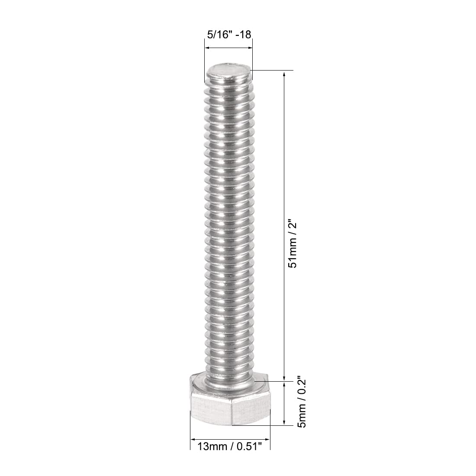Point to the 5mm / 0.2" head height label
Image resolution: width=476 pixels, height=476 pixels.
(302, 403)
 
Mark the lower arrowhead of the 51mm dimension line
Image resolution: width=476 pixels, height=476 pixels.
(284, 378)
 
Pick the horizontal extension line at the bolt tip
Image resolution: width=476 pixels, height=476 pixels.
(273, 70)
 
